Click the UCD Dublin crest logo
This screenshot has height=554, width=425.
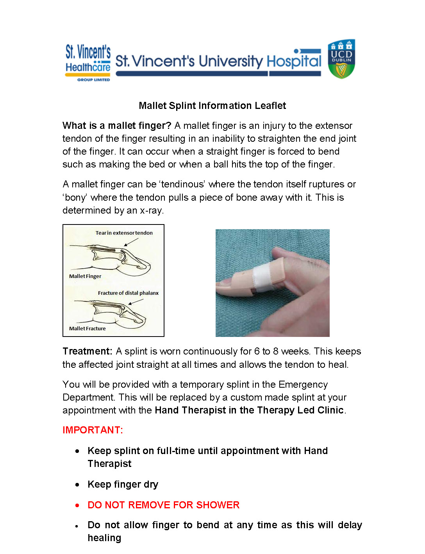click(341, 59)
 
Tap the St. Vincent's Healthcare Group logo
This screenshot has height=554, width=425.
click(88, 62)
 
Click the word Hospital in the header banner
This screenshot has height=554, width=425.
click(294, 61)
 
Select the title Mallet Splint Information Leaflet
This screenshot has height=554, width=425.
click(212, 106)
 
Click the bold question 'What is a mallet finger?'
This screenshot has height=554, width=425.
click(117, 126)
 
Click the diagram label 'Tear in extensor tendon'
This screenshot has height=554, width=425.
click(124, 233)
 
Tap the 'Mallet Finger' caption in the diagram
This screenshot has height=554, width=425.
click(85, 276)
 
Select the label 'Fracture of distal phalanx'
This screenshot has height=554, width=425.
click(128, 293)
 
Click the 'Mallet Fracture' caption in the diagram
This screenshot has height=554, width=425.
click(87, 329)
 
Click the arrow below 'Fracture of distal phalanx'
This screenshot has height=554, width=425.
click(136, 302)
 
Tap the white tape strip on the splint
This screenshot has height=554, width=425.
click(262, 279)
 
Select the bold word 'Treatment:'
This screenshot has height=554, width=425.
click(87, 351)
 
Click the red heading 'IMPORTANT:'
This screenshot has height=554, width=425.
click(93, 430)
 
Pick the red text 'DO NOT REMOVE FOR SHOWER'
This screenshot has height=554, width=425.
click(163, 505)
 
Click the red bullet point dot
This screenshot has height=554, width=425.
click(77, 506)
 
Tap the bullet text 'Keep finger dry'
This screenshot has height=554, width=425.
click(123, 485)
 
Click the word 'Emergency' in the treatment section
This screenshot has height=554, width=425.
click(303, 385)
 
